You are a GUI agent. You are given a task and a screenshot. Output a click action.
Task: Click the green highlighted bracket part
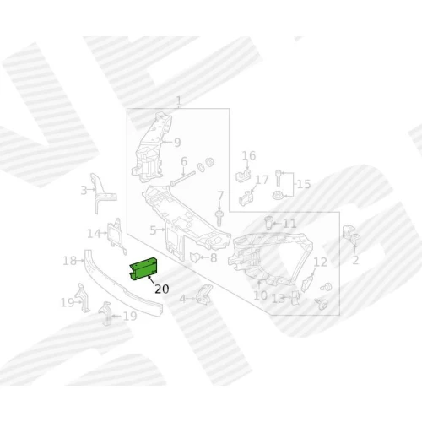pyautogui.click(x=144, y=269)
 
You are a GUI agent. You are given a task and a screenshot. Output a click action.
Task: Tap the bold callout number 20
pyautogui.click(x=162, y=289)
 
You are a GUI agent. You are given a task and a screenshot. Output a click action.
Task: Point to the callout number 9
pyautogui.click(x=177, y=143)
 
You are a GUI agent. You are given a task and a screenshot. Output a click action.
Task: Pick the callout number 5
pyautogui.click(x=153, y=230)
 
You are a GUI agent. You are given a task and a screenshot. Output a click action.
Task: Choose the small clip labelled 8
pyautogui.click(x=195, y=257)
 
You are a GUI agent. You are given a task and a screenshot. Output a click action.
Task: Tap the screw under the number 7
pyautogui.click(x=219, y=218)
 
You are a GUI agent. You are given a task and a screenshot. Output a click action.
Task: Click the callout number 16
pyautogui.click(x=249, y=155)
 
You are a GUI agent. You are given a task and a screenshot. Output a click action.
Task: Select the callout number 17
pyautogui.click(x=262, y=180)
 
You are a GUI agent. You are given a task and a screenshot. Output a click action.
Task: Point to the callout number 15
pyautogui.click(x=304, y=184)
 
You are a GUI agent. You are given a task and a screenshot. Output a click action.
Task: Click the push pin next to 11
pyautogui.click(x=269, y=223)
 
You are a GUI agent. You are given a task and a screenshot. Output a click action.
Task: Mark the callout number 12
pyautogui.click(x=320, y=262)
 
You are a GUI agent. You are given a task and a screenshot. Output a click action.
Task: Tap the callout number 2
pyautogui.click(x=355, y=261)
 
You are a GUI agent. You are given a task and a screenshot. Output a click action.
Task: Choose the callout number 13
pyautogui.click(x=279, y=299)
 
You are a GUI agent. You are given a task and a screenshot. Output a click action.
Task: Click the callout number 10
pyautogui.click(x=261, y=295)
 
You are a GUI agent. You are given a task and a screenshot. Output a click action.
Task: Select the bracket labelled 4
pyautogui.click(x=205, y=295)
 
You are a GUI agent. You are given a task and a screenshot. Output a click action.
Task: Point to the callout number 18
pyautogui.click(x=69, y=261)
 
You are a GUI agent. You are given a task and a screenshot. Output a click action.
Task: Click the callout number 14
pyautogui.click(x=94, y=234)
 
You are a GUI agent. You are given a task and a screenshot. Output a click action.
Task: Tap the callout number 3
pyautogui.click(x=84, y=191)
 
